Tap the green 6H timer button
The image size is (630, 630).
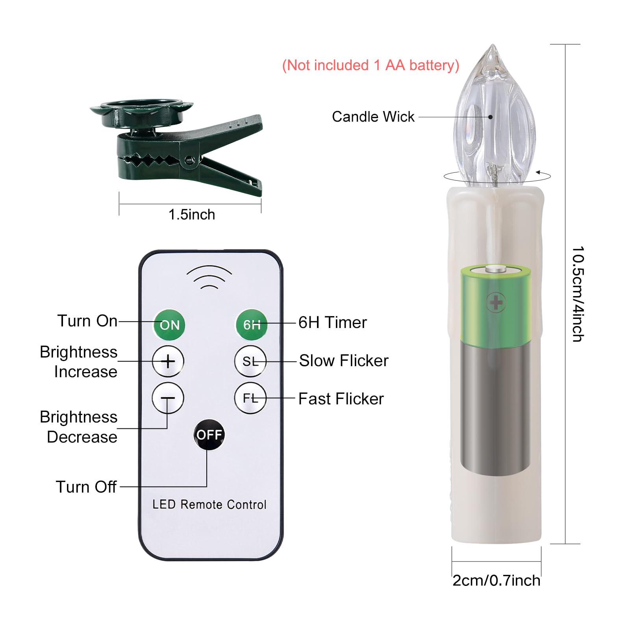pos(252,324)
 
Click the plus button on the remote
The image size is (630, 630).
pos(168,361)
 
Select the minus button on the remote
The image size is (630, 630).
pos(168,398)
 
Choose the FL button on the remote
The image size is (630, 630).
pos(250,398)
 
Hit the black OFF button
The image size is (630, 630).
pos(209,435)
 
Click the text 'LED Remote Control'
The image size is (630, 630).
pos(209,504)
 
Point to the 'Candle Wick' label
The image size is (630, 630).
pos(373,117)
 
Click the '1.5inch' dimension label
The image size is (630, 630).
pos(192,215)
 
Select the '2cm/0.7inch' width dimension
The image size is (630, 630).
pos(497,580)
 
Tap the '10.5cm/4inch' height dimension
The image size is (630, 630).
pos(578,294)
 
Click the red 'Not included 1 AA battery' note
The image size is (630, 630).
pos(371,65)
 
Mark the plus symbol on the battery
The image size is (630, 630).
pos(496,303)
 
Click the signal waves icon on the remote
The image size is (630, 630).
pos(209,277)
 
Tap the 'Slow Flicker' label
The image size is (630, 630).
pos(344,361)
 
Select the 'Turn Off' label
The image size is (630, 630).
pos(86,487)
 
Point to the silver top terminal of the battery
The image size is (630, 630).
pos(496,269)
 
